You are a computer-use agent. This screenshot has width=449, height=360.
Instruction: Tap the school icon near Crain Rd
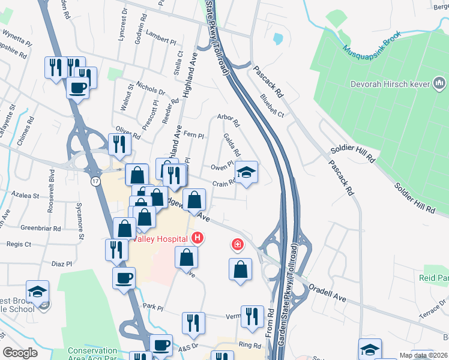click(x=246, y=173)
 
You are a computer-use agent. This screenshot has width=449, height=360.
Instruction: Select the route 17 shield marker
click(x=95, y=180)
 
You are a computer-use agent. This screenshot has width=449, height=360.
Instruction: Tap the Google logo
click(x=20, y=353)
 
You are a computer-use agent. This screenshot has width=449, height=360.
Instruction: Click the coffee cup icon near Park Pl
click(x=124, y=278)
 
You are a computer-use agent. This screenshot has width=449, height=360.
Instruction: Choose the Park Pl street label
click(x=152, y=308)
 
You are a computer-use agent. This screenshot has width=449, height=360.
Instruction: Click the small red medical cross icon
click(x=238, y=245)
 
